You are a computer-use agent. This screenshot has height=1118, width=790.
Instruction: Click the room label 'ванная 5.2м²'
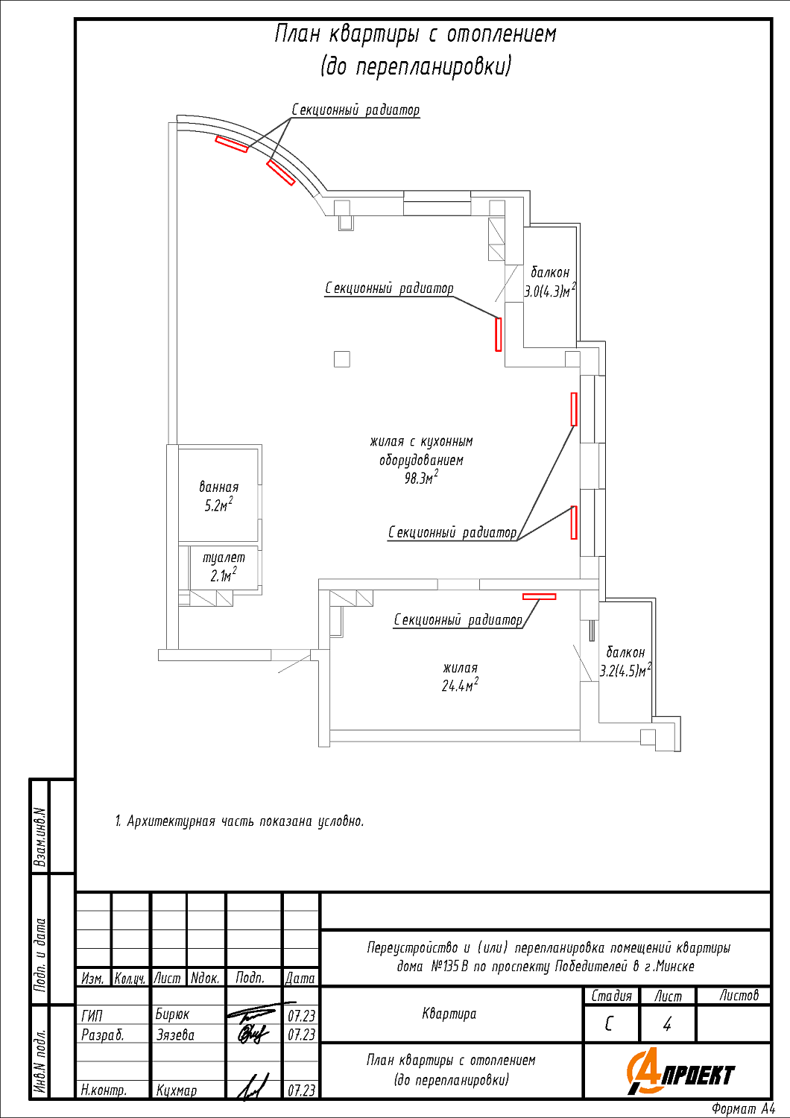pyautogui.click(x=218, y=496)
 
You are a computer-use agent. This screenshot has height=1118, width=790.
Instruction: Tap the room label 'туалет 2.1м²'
pyautogui.click(x=223, y=566)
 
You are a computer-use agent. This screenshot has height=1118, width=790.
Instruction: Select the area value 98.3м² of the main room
pyautogui.click(x=420, y=479)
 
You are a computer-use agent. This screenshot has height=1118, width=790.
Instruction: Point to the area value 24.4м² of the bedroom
pyautogui.click(x=459, y=685)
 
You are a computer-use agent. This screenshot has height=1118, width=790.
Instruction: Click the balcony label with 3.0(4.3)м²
pyautogui.click(x=550, y=282)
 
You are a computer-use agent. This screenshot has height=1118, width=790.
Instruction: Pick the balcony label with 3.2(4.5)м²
pyautogui.click(x=625, y=662)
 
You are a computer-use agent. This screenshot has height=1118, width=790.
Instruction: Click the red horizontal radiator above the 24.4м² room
pyautogui.click(x=539, y=596)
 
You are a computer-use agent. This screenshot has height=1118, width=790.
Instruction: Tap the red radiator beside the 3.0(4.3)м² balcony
pyautogui.click(x=499, y=334)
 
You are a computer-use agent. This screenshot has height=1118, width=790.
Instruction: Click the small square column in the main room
pyautogui.click(x=342, y=359)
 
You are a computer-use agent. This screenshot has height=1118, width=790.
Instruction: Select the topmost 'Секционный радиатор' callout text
pyautogui.click(x=355, y=110)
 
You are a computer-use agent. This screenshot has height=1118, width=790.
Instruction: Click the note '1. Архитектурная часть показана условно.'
pyautogui.click(x=239, y=821)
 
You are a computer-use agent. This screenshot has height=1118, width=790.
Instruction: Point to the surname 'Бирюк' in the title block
pyautogui.click(x=172, y=1014)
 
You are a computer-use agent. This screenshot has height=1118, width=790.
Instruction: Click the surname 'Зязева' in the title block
pyautogui.click(x=175, y=1035)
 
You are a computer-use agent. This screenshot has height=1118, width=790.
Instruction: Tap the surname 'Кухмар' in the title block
pyautogui.click(x=177, y=1090)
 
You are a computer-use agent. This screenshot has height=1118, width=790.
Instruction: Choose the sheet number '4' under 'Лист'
pyautogui.click(x=667, y=1024)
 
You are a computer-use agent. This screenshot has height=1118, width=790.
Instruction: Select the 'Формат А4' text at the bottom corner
pyautogui.click(x=743, y=1109)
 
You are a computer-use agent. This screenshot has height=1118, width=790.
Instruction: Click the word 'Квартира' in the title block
pyautogui.click(x=449, y=1014)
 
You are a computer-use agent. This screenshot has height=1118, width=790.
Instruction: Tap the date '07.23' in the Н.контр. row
pyautogui.click(x=301, y=1090)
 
